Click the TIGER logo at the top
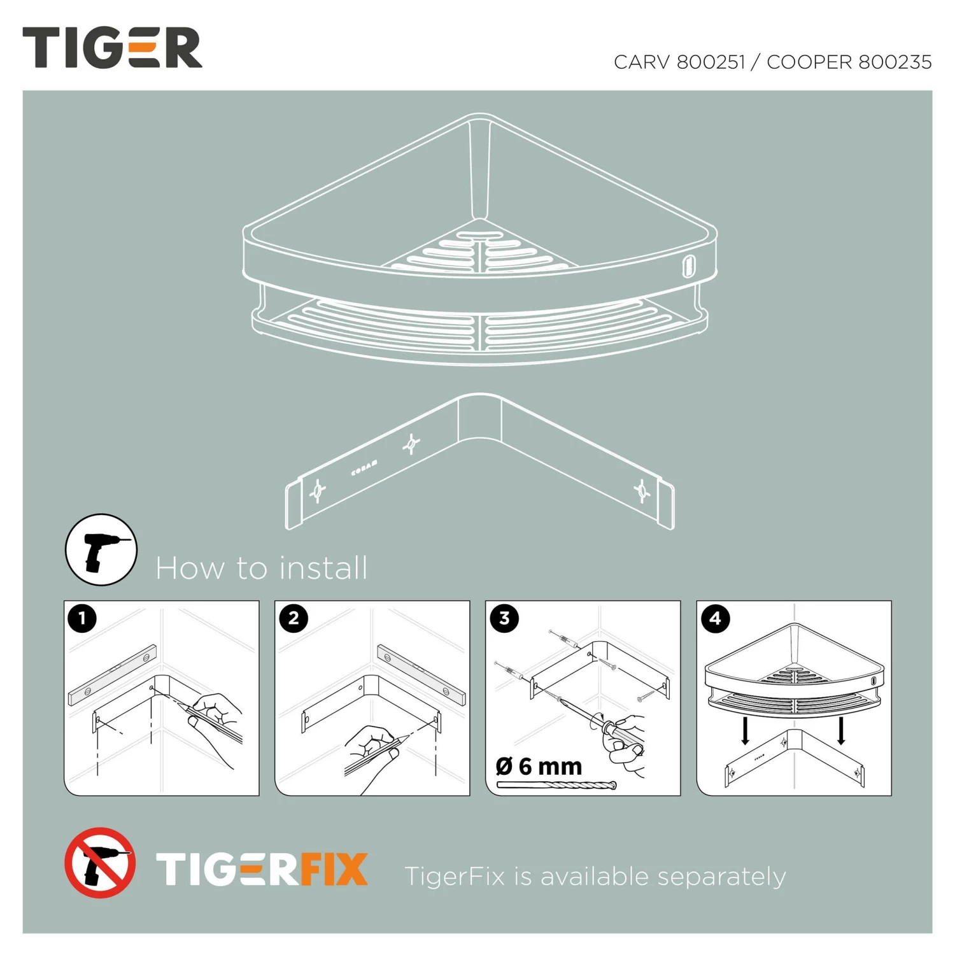point(112,48)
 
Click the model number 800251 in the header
point(711,62)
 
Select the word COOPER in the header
point(809,62)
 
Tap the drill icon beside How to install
point(101,550)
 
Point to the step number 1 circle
point(82,618)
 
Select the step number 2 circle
point(294,618)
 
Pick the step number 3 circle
point(504,618)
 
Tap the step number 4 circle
point(716,618)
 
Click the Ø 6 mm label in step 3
point(539,767)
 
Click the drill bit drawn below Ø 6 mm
point(556,785)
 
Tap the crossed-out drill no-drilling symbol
point(100,863)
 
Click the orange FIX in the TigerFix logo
point(334,870)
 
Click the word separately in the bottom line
point(721,877)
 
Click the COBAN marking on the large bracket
point(364,469)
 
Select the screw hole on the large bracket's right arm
point(642,491)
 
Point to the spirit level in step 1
point(113,675)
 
